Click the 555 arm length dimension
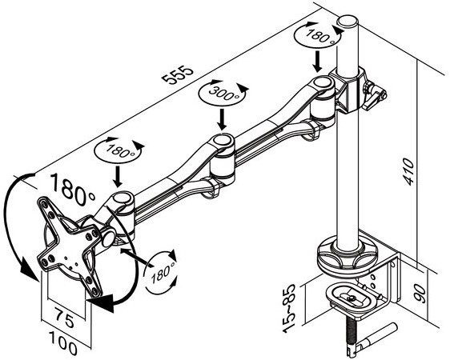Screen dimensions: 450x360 [177, 75]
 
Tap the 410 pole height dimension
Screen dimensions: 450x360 [408, 171]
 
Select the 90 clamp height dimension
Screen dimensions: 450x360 [421, 294]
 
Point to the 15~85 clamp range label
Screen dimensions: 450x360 [289, 309]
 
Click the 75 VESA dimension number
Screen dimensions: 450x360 [65, 318]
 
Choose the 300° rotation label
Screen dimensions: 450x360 [224, 93]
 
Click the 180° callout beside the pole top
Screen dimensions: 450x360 [319, 36]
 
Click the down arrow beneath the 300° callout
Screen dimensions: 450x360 [222, 119]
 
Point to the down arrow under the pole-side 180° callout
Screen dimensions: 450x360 [317, 62]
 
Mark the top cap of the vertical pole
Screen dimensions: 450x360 [348, 22]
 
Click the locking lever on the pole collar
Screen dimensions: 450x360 [375, 96]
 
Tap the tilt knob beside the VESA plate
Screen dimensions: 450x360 [108, 238]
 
